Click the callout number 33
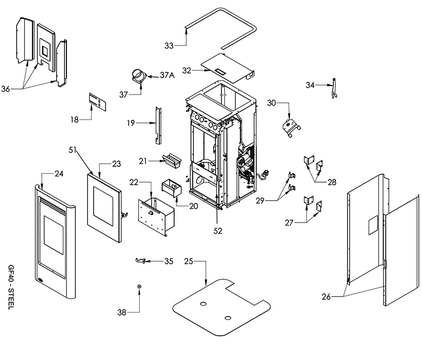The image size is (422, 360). pos(169,46)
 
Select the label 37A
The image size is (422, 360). pos(167,75)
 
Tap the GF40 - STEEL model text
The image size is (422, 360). pos(11,287)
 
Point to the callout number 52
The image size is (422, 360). pos(218,231)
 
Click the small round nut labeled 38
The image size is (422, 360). pos(139,287)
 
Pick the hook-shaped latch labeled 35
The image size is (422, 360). pos(140,260)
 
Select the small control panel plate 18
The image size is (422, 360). pos(98,101)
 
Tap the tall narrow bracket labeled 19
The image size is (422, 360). pos(158,126)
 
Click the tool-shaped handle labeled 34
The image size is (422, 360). pos(334,88)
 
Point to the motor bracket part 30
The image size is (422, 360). pos(291,128)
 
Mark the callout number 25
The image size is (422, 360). pos(189,261)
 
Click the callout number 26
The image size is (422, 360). pos(326,297)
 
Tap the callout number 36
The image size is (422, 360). pos(6,89)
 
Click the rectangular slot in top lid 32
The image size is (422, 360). pos(220,71)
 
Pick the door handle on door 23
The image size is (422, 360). pos(124,215)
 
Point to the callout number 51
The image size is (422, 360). pos(72,150)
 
